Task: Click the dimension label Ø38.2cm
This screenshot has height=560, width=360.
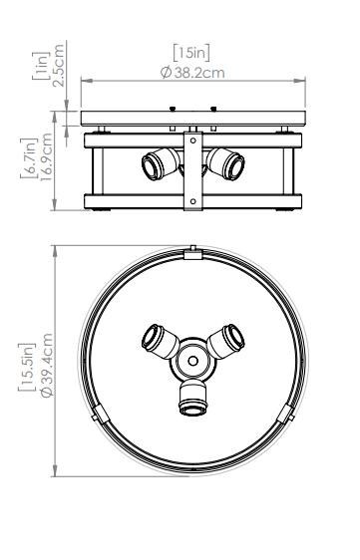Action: coord(192,73)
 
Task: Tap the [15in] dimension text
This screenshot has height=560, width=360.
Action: coord(191,53)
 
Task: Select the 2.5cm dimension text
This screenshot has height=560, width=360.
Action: coord(58,66)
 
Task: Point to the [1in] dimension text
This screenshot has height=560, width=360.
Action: coord(41,66)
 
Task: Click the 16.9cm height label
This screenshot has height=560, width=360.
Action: coord(46,156)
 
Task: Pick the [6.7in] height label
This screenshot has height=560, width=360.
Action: coord(29,157)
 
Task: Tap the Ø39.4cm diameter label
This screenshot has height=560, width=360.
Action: coord(47,365)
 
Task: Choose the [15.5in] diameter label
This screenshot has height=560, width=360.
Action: coord(27,367)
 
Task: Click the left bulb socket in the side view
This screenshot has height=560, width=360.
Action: coord(161,163)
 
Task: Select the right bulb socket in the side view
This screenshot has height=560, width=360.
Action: coord(225,163)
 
